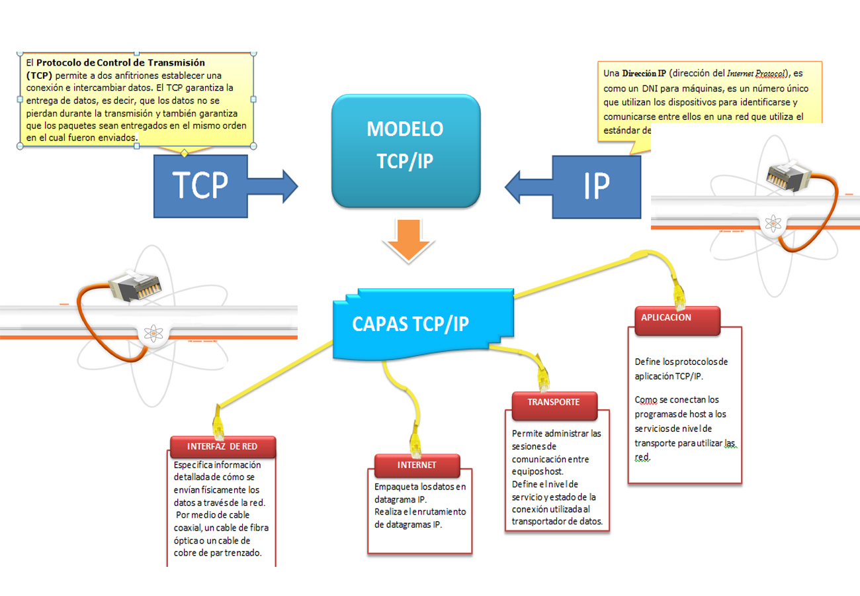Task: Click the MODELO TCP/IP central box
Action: (406, 150)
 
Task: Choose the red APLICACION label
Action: (676, 318)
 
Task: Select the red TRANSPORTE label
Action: (554, 402)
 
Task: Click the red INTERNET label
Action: (416, 465)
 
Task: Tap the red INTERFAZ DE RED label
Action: (222, 446)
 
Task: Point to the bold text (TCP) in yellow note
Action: (40, 75)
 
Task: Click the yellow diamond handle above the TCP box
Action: (184, 153)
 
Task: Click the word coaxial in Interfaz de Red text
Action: (187, 528)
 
